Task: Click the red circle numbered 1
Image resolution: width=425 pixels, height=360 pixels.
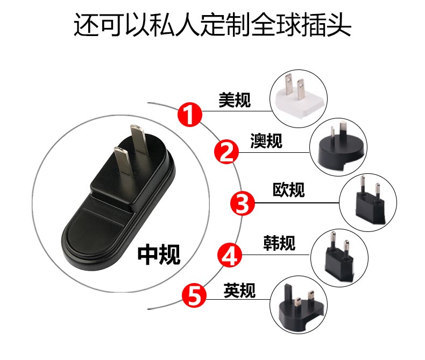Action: (x=190, y=115)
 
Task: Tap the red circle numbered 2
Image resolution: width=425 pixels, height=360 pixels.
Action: (x=226, y=152)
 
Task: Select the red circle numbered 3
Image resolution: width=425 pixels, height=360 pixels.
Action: (x=242, y=203)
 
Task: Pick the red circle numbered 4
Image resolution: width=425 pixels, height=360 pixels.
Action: (x=230, y=255)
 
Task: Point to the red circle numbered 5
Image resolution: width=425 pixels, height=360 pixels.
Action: (x=194, y=295)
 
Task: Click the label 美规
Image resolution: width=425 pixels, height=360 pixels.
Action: (x=235, y=100)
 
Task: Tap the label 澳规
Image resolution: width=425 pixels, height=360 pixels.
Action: (x=266, y=140)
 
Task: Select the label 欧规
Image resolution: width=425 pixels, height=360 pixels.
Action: (x=289, y=189)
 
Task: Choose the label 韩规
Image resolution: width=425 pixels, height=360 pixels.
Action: (x=279, y=243)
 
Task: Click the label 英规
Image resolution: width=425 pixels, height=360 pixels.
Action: (x=239, y=291)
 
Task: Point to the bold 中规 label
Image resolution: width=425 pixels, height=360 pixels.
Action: (x=159, y=255)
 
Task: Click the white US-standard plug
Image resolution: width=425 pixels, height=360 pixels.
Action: (x=300, y=100)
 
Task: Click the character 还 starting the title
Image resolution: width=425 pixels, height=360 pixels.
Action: (x=87, y=24)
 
